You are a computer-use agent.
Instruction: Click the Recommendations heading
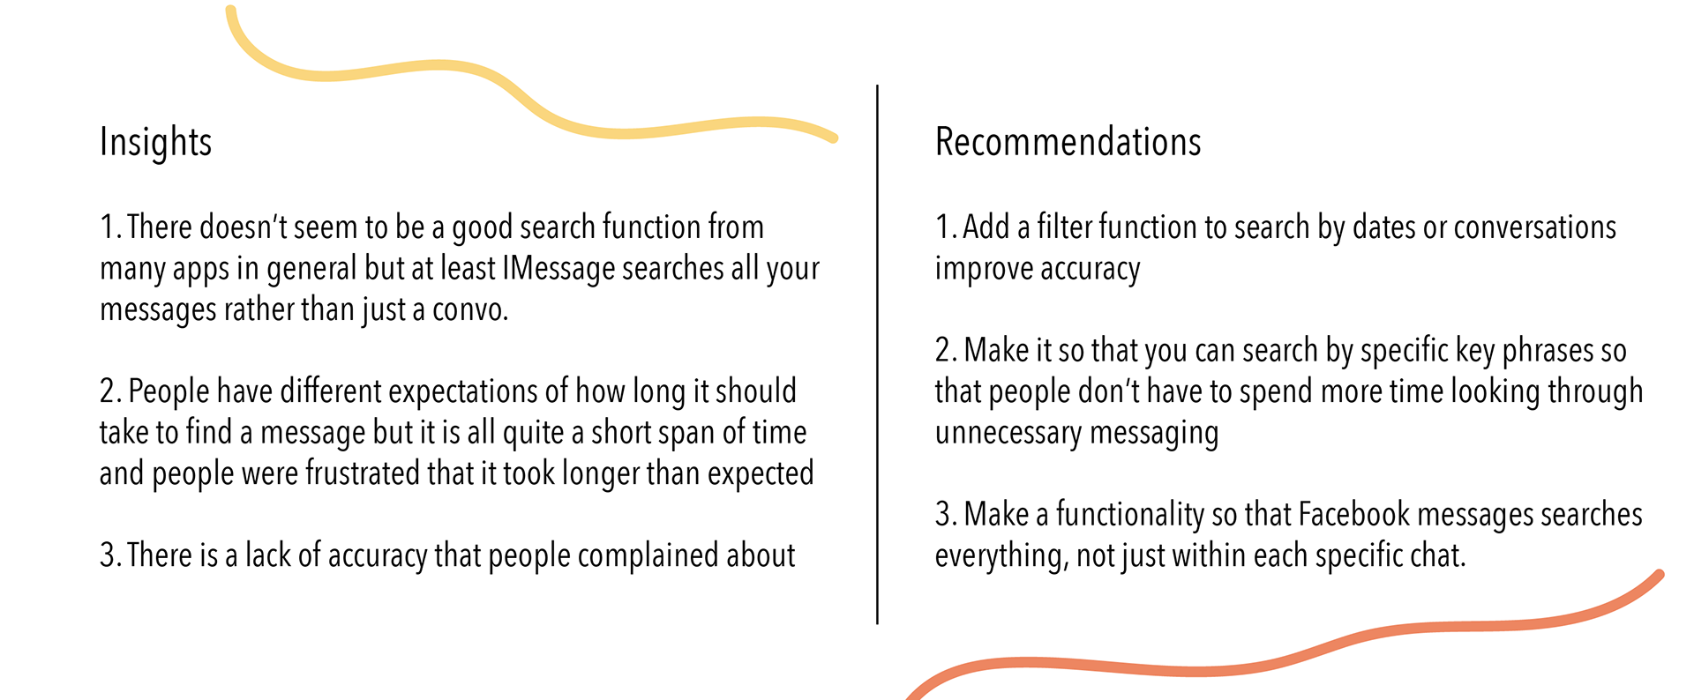click(1068, 142)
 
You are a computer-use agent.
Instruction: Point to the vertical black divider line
click(877, 354)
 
